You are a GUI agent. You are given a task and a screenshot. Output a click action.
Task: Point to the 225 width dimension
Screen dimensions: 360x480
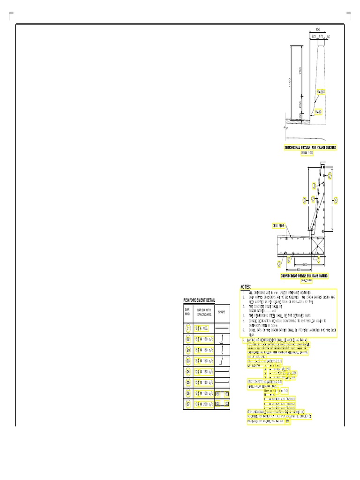313,37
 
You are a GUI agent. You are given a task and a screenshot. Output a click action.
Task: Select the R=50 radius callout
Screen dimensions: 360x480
318,112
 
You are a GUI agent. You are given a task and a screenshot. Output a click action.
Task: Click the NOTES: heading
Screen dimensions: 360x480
246,286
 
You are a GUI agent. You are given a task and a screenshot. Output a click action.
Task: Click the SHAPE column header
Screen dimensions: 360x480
222,311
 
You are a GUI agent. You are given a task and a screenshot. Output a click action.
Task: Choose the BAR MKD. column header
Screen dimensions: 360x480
187,311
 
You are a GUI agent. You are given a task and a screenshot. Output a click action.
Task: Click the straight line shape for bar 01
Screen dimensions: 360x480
222,328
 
